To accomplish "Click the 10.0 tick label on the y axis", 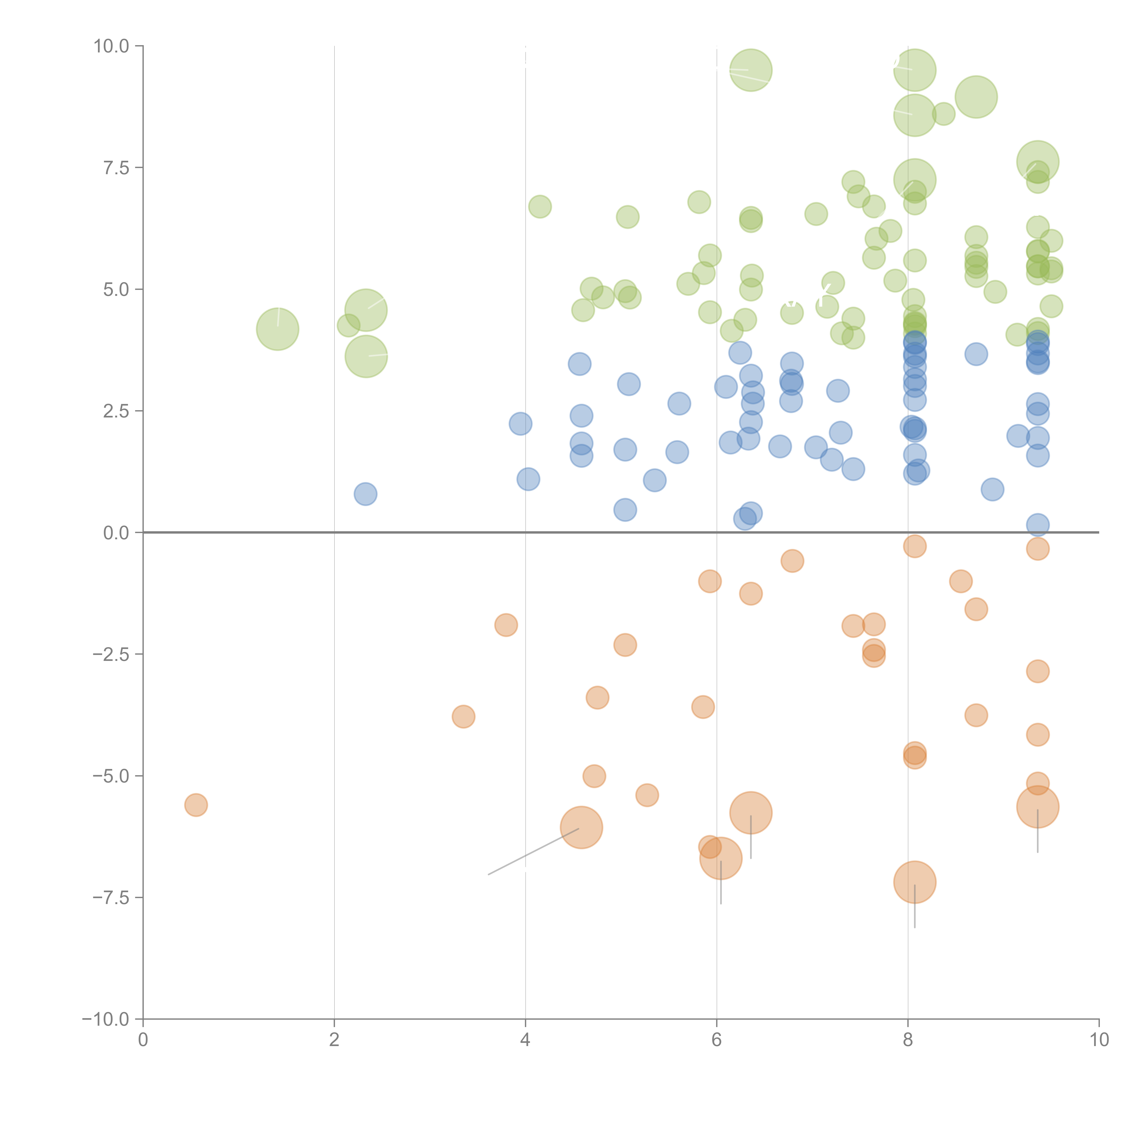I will coord(112,46).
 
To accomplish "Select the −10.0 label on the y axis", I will coord(106,1019).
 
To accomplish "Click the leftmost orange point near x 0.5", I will coord(196,805).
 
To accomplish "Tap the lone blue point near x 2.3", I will coord(366,494).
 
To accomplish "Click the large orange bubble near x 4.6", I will coord(581,827).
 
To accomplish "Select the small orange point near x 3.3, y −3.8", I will coord(463,717).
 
